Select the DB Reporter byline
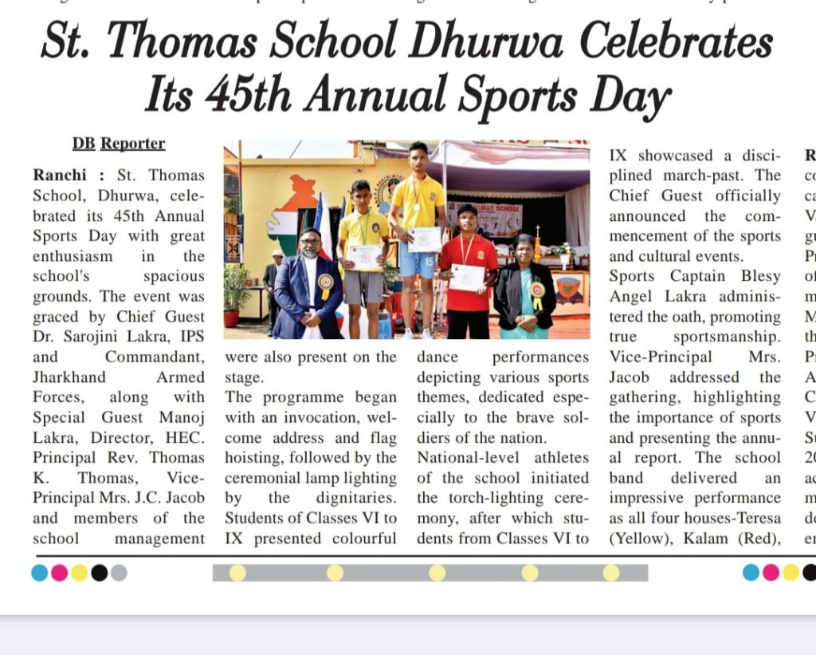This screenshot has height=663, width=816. pyautogui.click(x=119, y=144)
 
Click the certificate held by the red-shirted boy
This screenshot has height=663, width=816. pyautogui.click(x=466, y=278)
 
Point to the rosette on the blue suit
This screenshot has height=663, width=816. pyautogui.click(x=325, y=283)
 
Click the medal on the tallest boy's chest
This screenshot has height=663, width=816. pyautogui.click(x=416, y=207)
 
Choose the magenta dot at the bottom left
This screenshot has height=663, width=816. pyautogui.click(x=60, y=573)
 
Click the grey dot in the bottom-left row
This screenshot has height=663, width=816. pyautogui.click(x=119, y=573)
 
